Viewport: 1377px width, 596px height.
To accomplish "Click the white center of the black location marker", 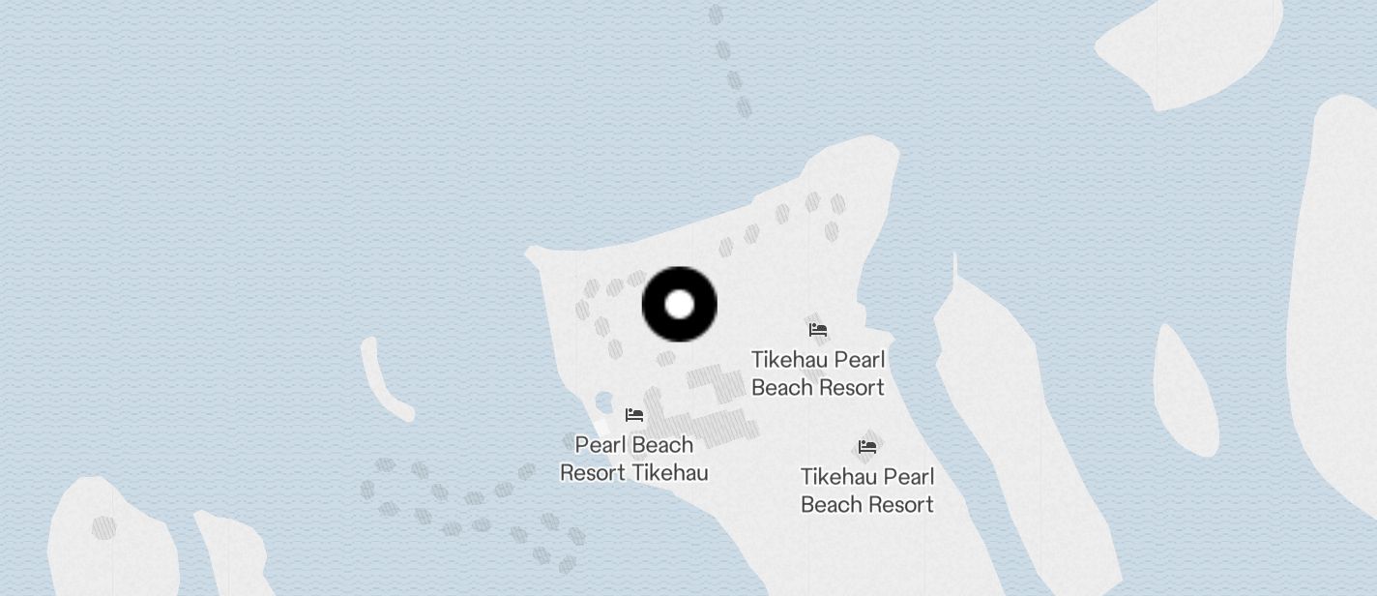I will coord(680,304).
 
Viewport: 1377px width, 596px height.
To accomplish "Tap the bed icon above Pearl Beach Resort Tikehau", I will coord(634,415).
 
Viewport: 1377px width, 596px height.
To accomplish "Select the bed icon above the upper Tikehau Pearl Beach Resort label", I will coord(818,330).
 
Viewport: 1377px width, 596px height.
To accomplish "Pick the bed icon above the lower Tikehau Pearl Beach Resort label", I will coord(867,447).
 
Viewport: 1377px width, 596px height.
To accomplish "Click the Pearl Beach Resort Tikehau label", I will coord(634,459).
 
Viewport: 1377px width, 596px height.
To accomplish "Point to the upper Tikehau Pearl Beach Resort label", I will coord(818,373).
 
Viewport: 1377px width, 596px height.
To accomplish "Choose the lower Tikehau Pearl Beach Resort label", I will coord(867,491).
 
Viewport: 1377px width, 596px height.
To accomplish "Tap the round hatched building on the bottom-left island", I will coord(103,527).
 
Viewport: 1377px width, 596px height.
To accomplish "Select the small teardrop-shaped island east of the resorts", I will coord(1185,391).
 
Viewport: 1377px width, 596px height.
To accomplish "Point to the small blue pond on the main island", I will coord(604,402).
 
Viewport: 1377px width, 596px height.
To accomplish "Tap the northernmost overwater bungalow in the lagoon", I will coord(716,15).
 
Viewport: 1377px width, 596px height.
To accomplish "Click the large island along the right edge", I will coord(1339,290).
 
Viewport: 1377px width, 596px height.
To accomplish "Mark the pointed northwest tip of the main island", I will coord(533,255).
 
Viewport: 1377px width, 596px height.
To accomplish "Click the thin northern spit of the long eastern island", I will coord(954,271).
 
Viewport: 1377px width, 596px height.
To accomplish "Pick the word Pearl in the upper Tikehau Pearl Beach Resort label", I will coord(860,360).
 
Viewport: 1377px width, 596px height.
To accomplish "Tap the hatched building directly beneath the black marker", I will coord(665,360).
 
